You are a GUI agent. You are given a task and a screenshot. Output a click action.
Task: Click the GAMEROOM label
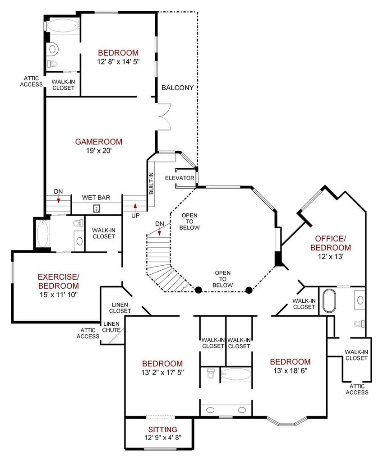coord(99,142)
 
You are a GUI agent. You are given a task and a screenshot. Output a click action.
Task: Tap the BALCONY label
coord(178,88)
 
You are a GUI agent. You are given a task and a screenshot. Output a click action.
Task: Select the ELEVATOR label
coord(180,178)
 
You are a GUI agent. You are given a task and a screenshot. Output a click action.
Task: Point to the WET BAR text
coord(96,198)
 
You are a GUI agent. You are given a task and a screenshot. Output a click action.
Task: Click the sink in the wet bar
coord(97,208)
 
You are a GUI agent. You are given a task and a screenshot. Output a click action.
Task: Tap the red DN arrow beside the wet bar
coord(59,199)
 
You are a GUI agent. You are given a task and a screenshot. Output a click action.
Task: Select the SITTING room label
coord(162,430)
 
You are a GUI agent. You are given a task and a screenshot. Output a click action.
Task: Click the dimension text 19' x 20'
coord(99,151)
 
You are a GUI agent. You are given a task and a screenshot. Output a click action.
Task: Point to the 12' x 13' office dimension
coord(331,256)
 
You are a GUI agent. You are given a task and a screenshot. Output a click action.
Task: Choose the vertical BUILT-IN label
coord(151,183)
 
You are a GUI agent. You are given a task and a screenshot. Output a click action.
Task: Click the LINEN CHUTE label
coord(111,327)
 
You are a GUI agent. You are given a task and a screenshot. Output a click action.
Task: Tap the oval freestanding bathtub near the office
coord(329,301)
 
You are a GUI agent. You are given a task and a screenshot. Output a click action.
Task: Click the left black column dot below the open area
coord(198,290)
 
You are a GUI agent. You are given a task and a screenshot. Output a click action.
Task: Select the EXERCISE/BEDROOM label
coord(59,282)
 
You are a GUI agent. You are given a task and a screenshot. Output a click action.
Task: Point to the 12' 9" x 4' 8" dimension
coord(162,438)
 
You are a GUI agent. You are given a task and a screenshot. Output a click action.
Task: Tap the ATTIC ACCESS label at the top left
coord(31,81)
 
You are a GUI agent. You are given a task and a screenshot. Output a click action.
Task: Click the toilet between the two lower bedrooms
coord(210,373)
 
